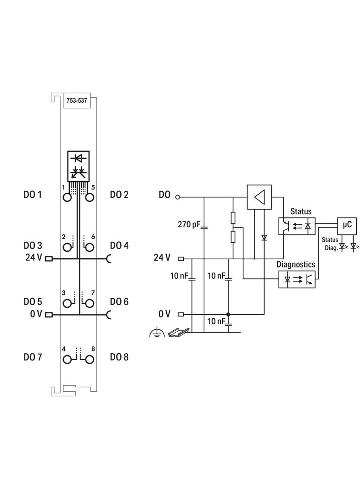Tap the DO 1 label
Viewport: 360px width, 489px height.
click(x=33, y=195)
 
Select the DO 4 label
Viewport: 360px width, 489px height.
click(x=119, y=245)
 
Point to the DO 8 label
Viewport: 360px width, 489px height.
click(x=119, y=357)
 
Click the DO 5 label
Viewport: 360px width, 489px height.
click(x=33, y=302)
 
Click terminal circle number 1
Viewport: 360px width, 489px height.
click(x=67, y=198)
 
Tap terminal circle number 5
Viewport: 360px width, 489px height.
click(x=89, y=198)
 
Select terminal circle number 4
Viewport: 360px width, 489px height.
click(x=67, y=359)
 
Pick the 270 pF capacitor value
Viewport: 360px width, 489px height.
click(x=189, y=225)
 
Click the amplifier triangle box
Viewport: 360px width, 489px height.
click(x=259, y=197)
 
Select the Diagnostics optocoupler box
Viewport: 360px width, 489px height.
click(x=297, y=278)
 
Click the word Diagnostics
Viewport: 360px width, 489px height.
click(x=296, y=265)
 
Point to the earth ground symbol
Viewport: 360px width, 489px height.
click(x=157, y=333)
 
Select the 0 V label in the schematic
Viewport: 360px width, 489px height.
click(x=164, y=314)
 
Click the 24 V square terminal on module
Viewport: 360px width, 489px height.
click(x=48, y=258)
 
